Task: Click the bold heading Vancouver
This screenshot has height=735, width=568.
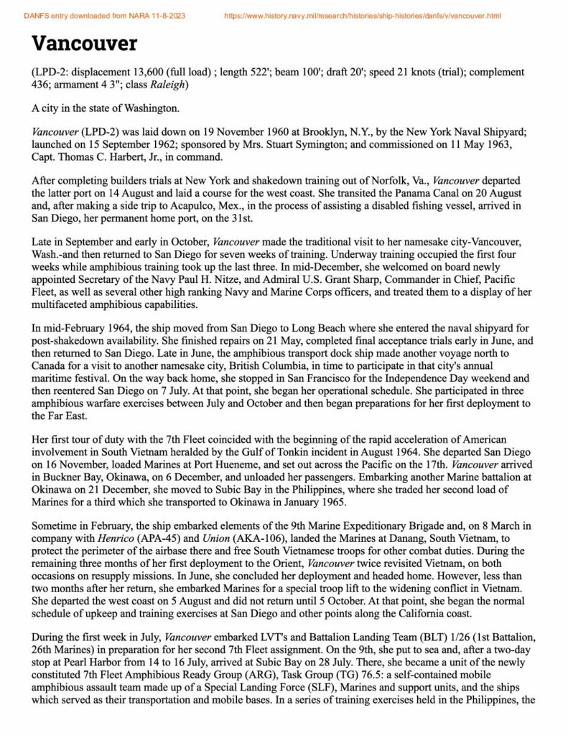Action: (84, 44)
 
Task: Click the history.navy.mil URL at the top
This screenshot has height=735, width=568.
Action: (363, 15)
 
